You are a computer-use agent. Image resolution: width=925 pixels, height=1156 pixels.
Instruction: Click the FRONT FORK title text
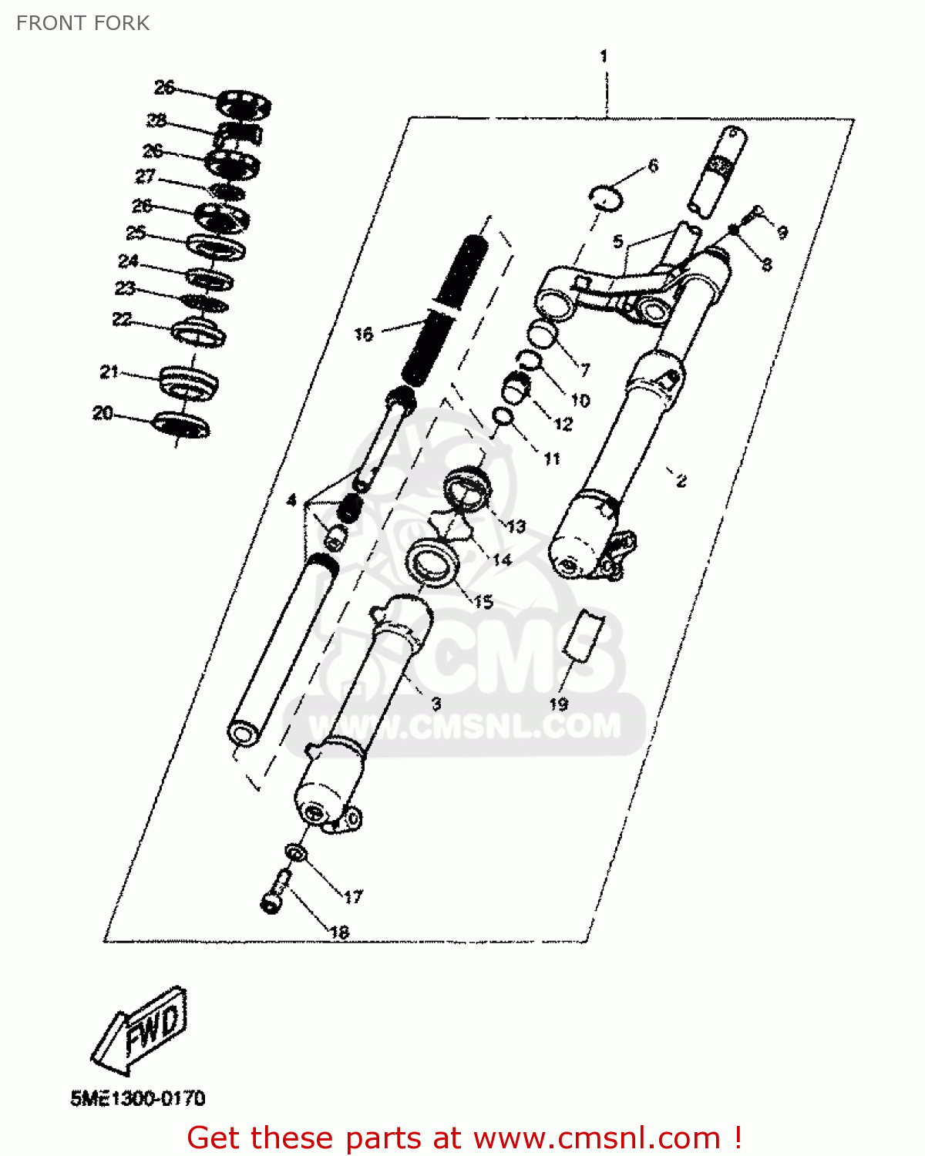(x=82, y=23)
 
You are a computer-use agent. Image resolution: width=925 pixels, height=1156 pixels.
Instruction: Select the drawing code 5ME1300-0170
(x=138, y=1097)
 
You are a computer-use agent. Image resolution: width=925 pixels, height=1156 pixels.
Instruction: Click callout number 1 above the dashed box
(x=604, y=56)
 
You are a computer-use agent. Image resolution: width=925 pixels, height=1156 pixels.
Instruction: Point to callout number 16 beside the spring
(x=363, y=334)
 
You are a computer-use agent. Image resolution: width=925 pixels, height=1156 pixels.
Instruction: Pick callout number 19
(x=558, y=704)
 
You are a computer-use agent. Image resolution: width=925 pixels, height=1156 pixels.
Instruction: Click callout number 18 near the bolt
(x=339, y=932)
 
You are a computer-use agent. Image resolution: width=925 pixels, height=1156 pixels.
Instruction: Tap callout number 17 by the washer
(x=353, y=896)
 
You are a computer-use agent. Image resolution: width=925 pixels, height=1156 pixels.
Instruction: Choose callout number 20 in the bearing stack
(x=103, y=413)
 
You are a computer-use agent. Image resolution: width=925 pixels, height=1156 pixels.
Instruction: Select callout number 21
(x=109, y=372)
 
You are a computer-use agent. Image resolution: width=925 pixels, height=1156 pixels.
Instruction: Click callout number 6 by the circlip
(x=653, y=166)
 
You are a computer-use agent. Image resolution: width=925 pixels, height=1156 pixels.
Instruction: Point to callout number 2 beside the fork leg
(x=681, y=481)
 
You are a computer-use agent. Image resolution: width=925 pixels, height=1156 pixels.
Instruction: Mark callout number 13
(x=516, y=526)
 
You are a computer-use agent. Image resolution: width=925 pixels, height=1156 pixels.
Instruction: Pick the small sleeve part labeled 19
(x=584, y=634)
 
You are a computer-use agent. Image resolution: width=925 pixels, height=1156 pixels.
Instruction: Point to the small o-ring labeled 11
(x=503, y=417)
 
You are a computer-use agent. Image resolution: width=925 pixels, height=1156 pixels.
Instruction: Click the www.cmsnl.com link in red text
(x=596, y=1138)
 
